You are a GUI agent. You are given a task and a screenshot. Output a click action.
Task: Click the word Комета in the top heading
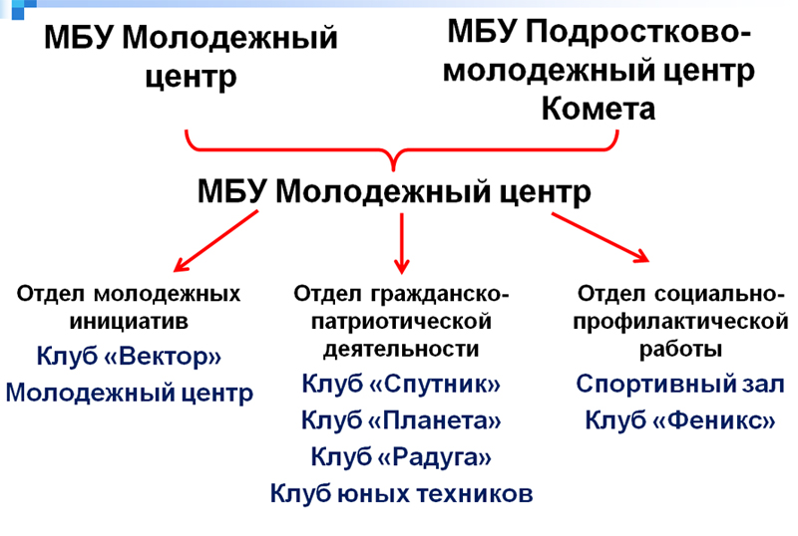598,109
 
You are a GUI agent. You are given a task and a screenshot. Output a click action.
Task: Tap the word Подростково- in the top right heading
637,32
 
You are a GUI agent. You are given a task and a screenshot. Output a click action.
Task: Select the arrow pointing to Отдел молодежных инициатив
215,241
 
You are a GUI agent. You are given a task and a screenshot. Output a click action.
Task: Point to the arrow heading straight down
402,243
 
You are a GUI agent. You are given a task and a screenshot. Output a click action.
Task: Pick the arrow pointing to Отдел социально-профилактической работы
600,237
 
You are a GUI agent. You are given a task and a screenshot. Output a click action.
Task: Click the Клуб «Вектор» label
129,356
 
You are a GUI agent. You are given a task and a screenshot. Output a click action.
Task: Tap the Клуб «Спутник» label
401,384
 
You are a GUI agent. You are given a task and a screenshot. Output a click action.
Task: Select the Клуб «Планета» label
401,420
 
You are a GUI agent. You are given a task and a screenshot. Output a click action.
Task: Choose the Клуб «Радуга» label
401,456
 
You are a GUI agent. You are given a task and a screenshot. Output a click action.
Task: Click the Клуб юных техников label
401,493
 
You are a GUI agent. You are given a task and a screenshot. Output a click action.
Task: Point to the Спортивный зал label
680,384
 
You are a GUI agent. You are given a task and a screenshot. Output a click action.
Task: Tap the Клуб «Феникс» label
680,420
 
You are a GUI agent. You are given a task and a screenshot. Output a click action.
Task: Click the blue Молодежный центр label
130,394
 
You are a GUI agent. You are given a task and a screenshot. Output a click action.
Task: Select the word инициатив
129,322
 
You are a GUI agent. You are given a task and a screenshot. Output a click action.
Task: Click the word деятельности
401,350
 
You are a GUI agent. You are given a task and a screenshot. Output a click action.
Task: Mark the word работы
680,350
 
